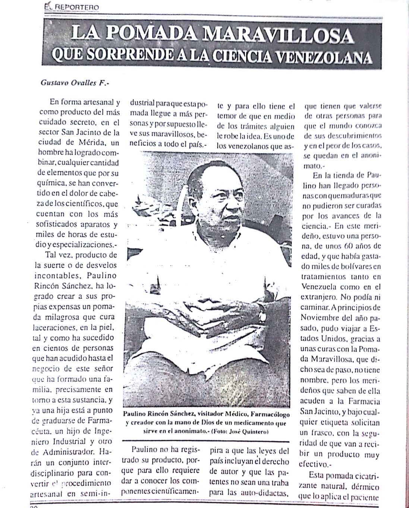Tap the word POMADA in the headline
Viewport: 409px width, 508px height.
tap(149, 36)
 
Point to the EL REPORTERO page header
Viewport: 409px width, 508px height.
tap(70, 7)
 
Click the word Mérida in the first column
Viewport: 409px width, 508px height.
tap(89, 143)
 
